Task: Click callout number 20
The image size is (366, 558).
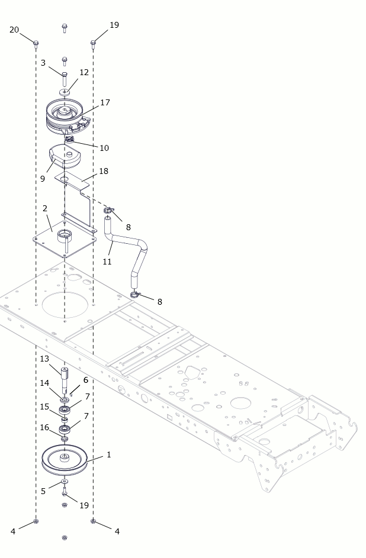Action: click(x=14, y=30)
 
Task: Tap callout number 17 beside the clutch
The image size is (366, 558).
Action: click(x=105, y=102)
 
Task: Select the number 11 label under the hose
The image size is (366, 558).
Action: click(x=107, y=262)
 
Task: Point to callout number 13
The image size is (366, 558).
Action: click(x=44, y=359)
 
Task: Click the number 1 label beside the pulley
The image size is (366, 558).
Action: click(x=109, y=455)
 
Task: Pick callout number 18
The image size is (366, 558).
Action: click(x=104, y=171)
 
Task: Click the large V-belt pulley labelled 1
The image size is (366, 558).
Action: click(x=65, y=460)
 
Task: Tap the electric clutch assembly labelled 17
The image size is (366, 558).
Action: click(x=67, y=117)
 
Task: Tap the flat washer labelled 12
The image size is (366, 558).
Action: click(x=65, y=92)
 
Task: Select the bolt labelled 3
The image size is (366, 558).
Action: click(x=65, y=79)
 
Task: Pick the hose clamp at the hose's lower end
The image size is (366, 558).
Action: click(x=134, y=295)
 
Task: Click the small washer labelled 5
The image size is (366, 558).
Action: click(x=65, y=482)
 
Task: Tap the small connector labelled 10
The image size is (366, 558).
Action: click(x=69, y=139)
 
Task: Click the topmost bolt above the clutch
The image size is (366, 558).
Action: click(x=65, y=28)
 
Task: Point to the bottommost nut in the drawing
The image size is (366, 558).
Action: click(x=65, y=538)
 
